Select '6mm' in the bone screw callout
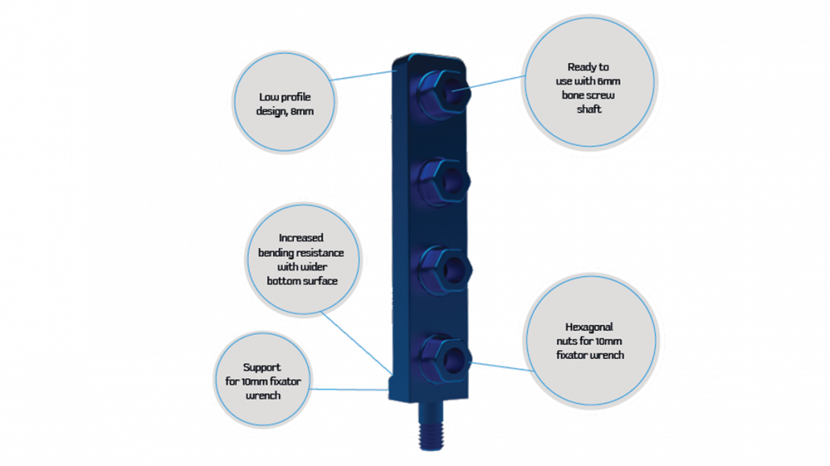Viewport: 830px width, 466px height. pyautogui.click(x=608, y=81)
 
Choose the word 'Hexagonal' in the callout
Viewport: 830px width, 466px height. pyautogui.click(x=589, y=327)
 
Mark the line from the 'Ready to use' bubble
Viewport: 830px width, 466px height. pyautogui.click(x=494, y=82)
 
